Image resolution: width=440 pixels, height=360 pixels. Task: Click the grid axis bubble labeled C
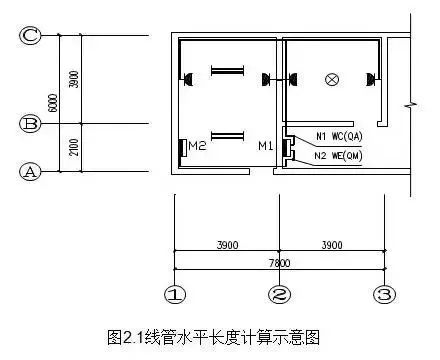click(31, 36)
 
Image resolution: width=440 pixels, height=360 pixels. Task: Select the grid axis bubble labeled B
click(31, 124)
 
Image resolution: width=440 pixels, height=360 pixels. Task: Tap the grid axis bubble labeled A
click(31, 171)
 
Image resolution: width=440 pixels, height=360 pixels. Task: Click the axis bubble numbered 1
click(175, 296)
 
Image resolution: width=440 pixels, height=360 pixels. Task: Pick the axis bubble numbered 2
click(279, 296)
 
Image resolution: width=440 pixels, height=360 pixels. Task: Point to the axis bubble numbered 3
click(383, 296)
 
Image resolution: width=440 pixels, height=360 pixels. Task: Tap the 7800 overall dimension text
click(279, 260)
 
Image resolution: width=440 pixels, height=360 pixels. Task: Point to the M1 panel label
click(265, 147)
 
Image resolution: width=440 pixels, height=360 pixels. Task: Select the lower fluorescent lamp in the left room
click(227, 135)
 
